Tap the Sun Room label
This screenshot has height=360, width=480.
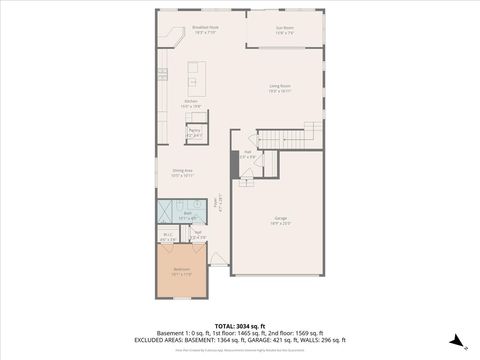coord(285,29)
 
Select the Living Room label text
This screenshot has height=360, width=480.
coord(279,89)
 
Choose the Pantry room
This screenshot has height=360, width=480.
coord(195,132)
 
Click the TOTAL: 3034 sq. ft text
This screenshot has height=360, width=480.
coord(239,325)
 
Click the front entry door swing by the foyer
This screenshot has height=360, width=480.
coord(228,266)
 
